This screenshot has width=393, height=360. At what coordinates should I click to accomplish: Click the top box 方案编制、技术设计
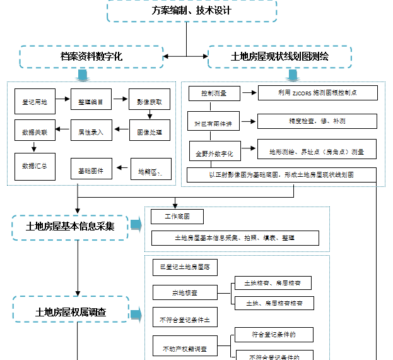192,11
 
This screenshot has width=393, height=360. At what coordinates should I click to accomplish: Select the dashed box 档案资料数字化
91,57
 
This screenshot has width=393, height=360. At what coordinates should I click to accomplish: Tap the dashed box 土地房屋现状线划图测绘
279,57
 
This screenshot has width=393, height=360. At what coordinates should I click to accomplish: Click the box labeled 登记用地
35,101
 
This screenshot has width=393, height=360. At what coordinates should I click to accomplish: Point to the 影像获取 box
150,101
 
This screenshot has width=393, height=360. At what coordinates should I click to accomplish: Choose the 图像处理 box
150,132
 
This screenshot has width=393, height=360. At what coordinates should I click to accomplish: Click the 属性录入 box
91,132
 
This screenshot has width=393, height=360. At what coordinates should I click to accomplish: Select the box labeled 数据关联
35,132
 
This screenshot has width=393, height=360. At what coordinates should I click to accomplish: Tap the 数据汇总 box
35,165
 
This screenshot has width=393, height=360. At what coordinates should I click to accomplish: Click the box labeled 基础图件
91,170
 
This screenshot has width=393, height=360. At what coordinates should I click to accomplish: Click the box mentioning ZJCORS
318,93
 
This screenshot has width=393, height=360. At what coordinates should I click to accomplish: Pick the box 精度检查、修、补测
318,121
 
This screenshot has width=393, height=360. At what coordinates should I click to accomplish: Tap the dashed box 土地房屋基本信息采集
70,227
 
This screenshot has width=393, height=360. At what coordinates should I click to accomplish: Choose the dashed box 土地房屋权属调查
70,311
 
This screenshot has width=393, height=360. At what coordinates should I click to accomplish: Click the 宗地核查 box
185,292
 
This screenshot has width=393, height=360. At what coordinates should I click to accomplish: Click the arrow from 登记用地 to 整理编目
62,100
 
